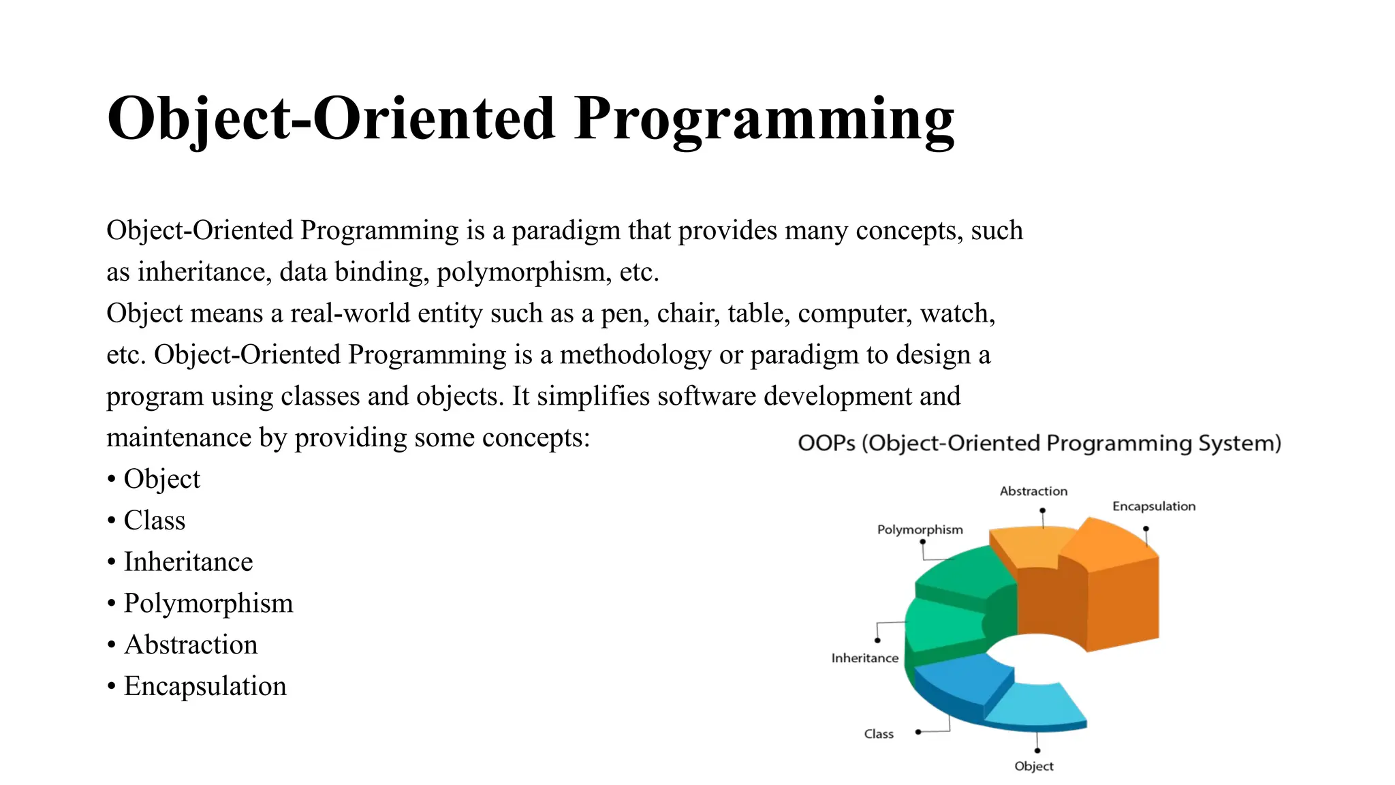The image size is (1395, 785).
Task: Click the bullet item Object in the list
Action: point(161,479)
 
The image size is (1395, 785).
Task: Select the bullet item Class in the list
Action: point(154,521)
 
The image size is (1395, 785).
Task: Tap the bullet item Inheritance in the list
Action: point(188,562)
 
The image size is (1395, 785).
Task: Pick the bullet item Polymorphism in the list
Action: point(208,604)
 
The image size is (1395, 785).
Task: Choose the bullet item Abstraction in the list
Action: point(191,645)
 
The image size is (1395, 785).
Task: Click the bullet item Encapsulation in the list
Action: point(204,686)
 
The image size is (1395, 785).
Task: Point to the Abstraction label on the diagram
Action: point(1033,491)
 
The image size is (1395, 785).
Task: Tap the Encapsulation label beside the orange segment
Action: point(1154,506)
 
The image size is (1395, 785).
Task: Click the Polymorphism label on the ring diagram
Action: point(920,529)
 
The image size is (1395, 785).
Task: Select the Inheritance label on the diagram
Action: point(864,658)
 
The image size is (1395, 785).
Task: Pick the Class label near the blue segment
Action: point(879,734)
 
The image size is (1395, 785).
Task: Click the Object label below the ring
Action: point(1033,766)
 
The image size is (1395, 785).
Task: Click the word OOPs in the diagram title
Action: point(826,444)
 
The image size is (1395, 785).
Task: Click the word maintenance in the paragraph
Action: point(178,437)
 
